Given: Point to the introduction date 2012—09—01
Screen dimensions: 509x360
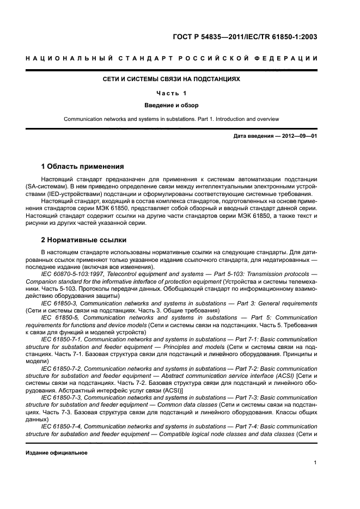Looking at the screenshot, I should point(298,137).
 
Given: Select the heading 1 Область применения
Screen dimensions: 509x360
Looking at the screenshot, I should point(83,166).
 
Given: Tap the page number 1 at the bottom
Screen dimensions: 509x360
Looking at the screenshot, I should point(315,463).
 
